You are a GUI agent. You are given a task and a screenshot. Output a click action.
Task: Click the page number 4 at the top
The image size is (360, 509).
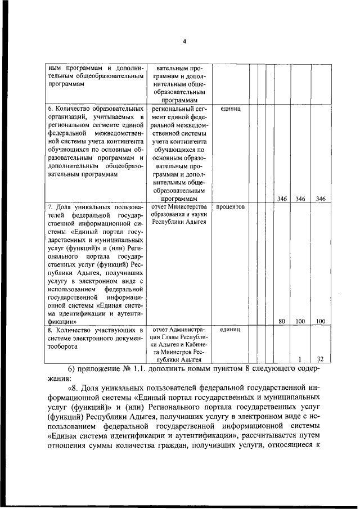click(x=184, y=40)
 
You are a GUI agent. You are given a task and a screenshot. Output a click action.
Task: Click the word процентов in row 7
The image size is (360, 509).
click(x=229, y=206)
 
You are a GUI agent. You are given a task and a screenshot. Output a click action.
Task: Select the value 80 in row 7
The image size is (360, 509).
click(x=282, y=321)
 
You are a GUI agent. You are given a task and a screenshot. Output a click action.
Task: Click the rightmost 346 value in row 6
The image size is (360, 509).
click(x=320, y=199)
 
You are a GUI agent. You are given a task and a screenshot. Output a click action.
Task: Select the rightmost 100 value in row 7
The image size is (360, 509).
click(x=320, y=321)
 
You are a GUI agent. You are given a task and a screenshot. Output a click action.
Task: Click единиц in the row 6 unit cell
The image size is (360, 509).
click(x=229, y=108)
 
